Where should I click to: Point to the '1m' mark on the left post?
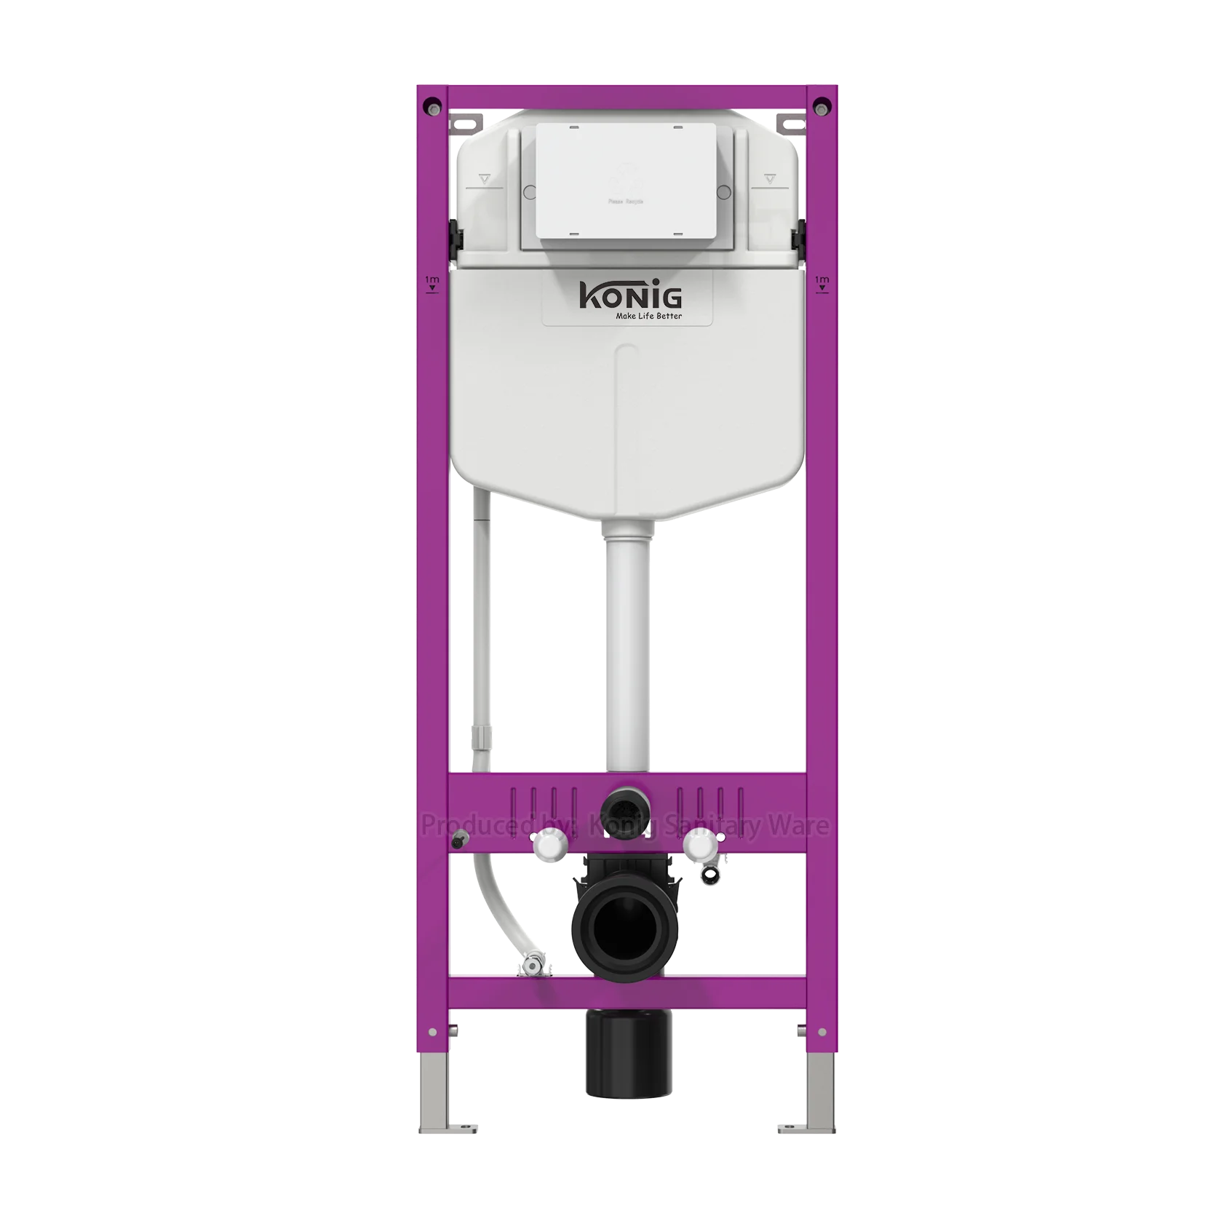[432, 282]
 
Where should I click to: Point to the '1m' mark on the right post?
[822, 282]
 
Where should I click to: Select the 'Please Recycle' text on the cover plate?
[625, 201]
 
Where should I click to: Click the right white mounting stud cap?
[699, 846]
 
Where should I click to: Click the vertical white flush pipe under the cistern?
[625, 655]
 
